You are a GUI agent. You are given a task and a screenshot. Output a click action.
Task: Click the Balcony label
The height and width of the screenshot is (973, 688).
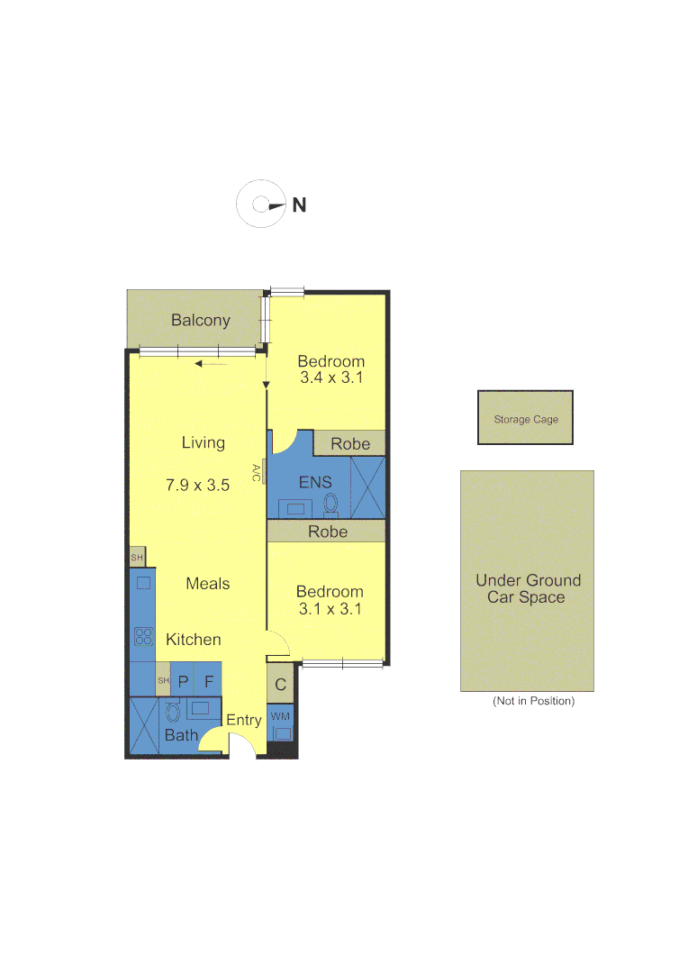click(x=201, y=320)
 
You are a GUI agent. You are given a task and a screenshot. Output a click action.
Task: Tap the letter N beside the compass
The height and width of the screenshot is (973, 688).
click(x=299, y=205)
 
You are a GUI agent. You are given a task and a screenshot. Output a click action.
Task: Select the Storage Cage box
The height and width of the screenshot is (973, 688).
click(x=525, y=418)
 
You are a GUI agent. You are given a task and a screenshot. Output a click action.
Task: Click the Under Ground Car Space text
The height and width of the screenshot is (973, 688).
click(x=528, y=588)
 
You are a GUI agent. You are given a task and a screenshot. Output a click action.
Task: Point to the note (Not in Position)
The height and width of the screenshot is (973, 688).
click(x=532, y=700)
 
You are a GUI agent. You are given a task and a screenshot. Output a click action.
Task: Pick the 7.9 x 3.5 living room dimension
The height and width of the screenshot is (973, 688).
click(x=197, y=485)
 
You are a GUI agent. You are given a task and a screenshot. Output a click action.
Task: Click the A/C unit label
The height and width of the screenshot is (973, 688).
click(x=257, y=472)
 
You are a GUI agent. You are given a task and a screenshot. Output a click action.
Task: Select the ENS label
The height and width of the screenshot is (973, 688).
click(x=315, y=482)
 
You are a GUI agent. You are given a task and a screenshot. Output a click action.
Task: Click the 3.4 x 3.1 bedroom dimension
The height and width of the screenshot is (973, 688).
click(x=330, y=378)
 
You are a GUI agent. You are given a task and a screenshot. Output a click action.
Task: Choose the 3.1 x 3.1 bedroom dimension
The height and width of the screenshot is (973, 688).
click(x=330, y=608)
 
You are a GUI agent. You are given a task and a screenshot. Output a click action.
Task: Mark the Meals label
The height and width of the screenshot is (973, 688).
click(x=207, y=584)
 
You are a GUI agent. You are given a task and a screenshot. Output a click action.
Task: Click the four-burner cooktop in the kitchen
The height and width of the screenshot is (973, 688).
click(x=143, y=636)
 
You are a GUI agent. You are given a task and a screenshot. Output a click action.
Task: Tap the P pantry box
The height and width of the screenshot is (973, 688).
click(x=183, y=682)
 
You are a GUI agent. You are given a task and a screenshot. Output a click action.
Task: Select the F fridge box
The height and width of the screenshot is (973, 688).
click(x=208, y=682)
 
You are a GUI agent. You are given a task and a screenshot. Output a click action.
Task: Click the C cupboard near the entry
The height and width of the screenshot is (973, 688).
click(x=280, y=685)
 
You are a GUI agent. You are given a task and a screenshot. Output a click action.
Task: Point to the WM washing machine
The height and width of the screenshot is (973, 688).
click(x=281, y=724)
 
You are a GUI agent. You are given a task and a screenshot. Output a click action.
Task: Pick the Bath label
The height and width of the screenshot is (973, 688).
click(x=180, y=735)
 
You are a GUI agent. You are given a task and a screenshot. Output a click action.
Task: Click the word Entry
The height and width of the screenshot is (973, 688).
click(x=243, y=720)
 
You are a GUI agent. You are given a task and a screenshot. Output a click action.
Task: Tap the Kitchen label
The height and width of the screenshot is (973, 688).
click(x=193, y=640)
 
